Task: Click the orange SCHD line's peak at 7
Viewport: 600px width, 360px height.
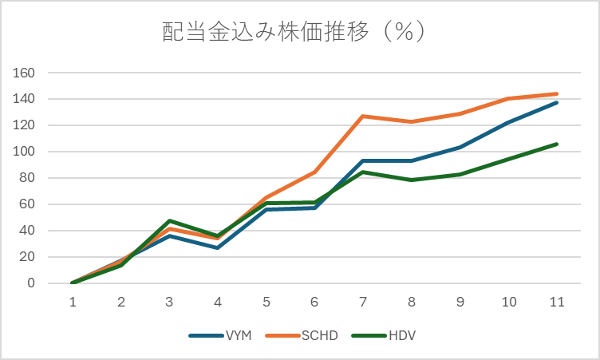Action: pos(363,117)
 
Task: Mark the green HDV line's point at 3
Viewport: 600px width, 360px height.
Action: pos(169,221)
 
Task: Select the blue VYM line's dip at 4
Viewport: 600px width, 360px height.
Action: pos(218,248)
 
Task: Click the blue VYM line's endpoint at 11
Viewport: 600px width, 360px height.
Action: pos(557,103)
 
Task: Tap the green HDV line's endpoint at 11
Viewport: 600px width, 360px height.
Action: pos(557,144)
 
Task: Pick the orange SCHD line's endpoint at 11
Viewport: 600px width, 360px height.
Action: pos(557,94)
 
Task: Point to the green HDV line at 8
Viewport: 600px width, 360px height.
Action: pos(412,180)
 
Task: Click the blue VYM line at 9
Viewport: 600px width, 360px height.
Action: pos(460,148)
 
